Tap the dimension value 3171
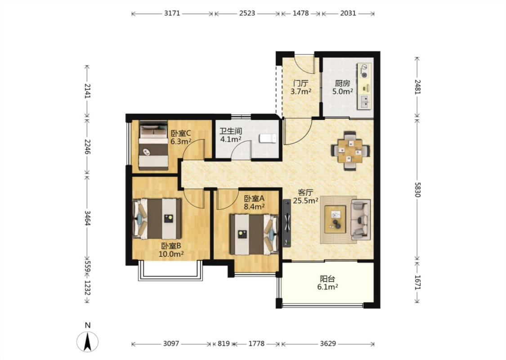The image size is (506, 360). pyautogui.click(x=172, y=13)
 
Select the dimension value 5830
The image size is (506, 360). pyautogui.click(x=417, y=189)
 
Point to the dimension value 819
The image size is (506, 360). pyautogui.click(x=223, y=343)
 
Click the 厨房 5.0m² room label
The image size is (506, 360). pyautogui.click(x=342, y=87)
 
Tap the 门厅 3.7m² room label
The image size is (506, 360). pyautogui.click(x=301, y=87)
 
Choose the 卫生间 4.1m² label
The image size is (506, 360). pyautogui.click(x=231, y=135)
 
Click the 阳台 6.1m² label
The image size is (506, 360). pyautogui.click(x=327, y=283)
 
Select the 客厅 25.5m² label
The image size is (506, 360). pyautogui.click(x=305, y=197)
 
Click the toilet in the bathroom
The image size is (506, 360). pyautogui.click(x=268, y=138)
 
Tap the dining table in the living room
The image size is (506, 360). pyautogui.click(x=350, y=151)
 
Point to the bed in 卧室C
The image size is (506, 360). pyautogui.click(x=153, y=145)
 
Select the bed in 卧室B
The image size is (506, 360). pyautogui.click(x=157, y=219)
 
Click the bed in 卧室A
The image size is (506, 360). pyautogui.click(x=254, y=234)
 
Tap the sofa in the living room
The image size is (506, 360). pyautogui.click(x=360, y=220)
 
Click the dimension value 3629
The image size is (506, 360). pyautogui.click(x=328, y=343)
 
